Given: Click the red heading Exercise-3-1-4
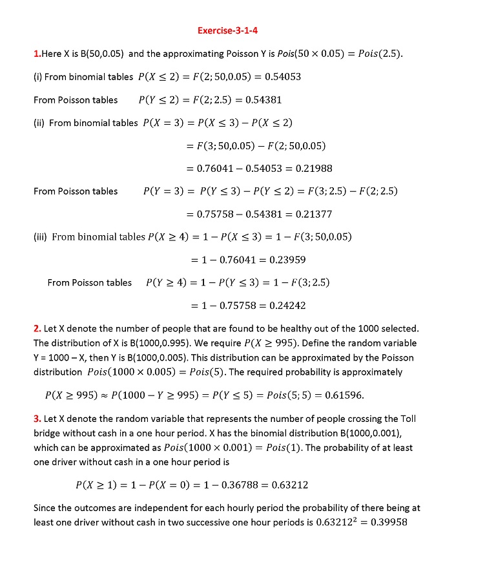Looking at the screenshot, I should (x=232, y=30).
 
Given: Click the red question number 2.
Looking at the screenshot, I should (x=37, y=328).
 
